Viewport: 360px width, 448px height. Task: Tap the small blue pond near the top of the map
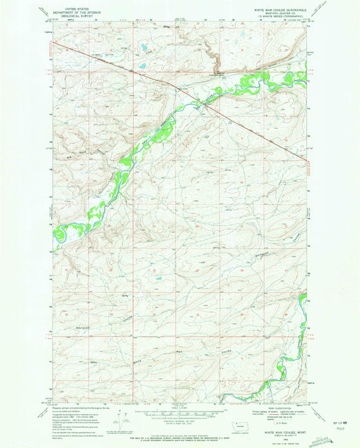pyautogui.click(x=143, y=49)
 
